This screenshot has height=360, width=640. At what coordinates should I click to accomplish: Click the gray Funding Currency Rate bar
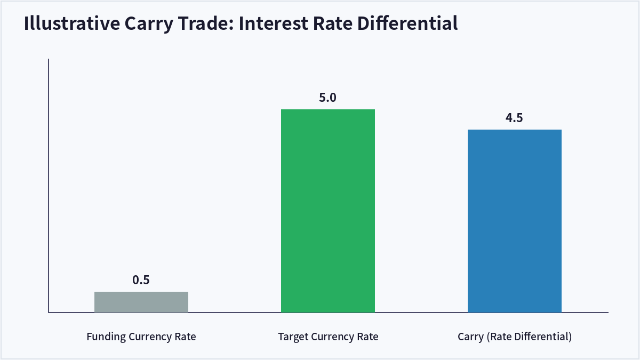tap(141, 302)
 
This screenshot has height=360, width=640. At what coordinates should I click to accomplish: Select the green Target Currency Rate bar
tap(328, 211)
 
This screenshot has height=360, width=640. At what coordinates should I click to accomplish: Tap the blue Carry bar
tap(515, 221)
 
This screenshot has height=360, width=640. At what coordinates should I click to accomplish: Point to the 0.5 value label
tap(141, 280)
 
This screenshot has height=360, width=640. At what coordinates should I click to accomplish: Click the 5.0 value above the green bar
tap(327, 98)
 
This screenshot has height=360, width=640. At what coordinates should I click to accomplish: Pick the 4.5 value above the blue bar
tap(514, 118)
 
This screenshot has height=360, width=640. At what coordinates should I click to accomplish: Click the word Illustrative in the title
tap(72, 23)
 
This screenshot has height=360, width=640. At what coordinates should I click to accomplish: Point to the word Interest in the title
tap(274, 23)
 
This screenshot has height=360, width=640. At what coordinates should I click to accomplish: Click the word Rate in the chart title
tap(333, 23)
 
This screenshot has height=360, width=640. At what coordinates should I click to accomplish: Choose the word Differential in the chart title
tap(407, 23)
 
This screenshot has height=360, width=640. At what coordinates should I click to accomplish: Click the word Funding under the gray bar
tap(106, 337)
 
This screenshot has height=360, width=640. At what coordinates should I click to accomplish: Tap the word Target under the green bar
tap(293, 337)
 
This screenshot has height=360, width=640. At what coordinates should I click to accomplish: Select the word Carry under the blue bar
tap(470, 337)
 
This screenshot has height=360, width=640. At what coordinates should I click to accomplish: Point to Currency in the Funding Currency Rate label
tap(150, 337)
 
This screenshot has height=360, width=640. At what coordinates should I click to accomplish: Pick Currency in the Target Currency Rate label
tap(332, 337)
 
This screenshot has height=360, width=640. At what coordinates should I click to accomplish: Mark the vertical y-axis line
tap(49, 186)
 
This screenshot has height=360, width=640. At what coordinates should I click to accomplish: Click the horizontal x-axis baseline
tap(329, 313)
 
